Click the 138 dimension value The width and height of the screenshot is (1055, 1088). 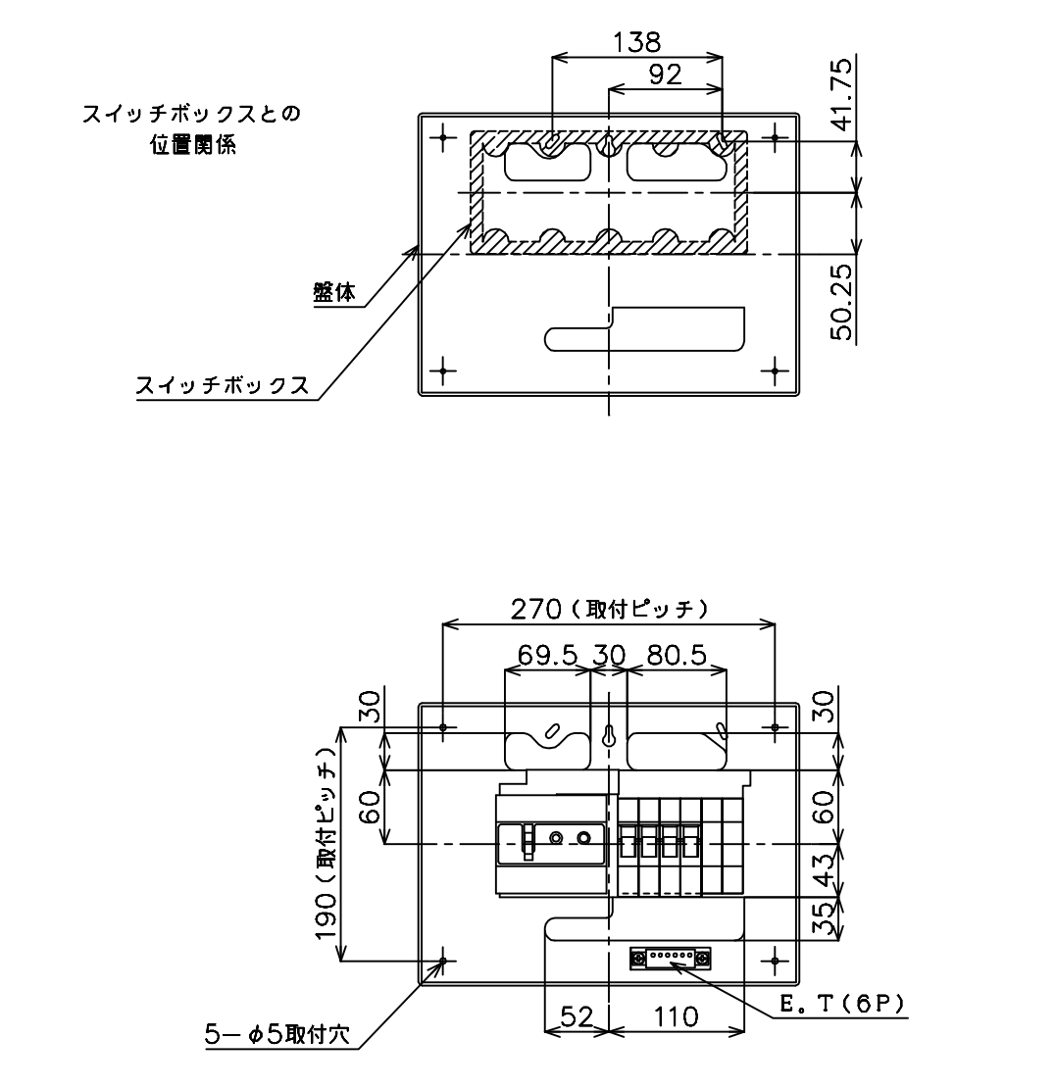(637, 42)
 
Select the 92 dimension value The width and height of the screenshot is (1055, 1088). (665, 74)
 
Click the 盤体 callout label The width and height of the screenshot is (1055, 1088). (334, 293)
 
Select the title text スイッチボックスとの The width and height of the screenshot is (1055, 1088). (191, 114)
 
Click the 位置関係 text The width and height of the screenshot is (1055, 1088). (194, 145)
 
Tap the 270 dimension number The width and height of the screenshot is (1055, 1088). (535, 610)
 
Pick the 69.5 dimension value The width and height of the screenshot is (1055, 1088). (548, 655)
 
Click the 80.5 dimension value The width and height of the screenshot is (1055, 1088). (676, 655)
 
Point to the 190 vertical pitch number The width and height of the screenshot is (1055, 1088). (327, 915)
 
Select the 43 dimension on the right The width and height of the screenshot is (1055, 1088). (824, 870)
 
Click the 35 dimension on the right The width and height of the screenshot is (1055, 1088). (824, 918)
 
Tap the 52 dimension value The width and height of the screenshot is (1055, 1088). (577, 1017)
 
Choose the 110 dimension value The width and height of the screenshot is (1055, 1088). (676, 1017)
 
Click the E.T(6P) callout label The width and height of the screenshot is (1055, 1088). (842, 1004)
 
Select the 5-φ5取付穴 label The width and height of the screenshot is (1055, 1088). (277, 1035)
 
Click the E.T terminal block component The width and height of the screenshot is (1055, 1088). (671, 959)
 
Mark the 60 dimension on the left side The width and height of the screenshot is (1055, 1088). (372, 807)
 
